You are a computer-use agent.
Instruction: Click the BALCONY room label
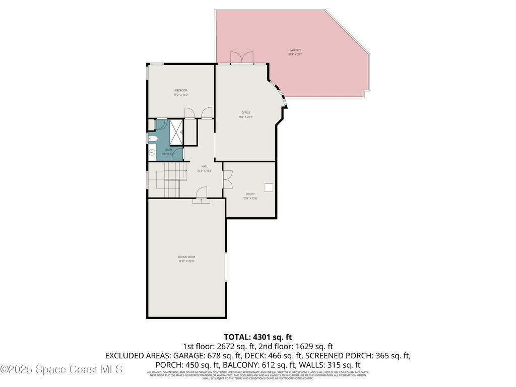tap(295, 50)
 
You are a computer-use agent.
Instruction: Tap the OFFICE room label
tap(245, 113)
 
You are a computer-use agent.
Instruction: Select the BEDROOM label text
tap(181, 91)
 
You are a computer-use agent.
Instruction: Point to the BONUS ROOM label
tap(186, 257)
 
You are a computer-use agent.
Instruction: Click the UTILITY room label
tap(250, 194)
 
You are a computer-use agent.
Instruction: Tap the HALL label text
tap(204, 166)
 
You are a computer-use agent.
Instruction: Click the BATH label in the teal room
tap(168, 150)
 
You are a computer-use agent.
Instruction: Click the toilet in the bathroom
tap(153, 138)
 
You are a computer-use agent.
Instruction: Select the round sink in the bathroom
tap(152, 152)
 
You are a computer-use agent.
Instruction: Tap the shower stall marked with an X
tap(176, 132)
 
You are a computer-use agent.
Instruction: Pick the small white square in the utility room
tap(269, 187)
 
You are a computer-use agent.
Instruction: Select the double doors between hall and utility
tap(227, 179)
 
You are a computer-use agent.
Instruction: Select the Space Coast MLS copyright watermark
tap(61, 369)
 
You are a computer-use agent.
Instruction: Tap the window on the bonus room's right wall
tap(226, 267)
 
